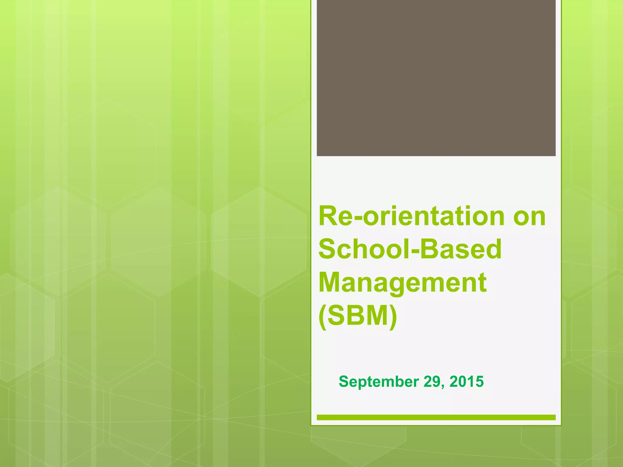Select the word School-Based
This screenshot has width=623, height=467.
tap(410, 249)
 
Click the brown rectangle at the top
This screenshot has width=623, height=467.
tap(436, 78)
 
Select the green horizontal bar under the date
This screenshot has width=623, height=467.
tap(436, 417)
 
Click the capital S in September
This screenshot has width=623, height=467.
tap(344, 382)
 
